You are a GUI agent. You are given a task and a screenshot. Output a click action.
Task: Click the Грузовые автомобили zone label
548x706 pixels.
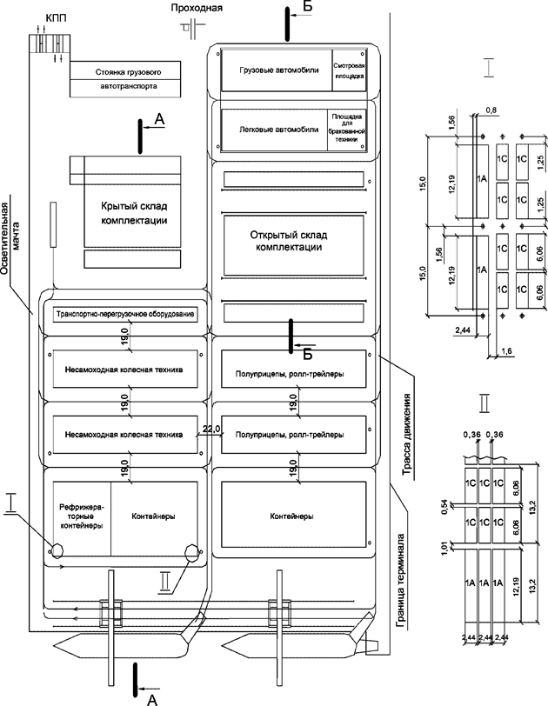pos(272,70)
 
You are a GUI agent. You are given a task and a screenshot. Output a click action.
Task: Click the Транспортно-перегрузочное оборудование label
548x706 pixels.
pos(123,314)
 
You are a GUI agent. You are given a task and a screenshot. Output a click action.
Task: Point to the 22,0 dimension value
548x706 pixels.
pos(211,429)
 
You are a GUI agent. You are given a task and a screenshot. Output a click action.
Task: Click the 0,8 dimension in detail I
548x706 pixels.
pos(492,110)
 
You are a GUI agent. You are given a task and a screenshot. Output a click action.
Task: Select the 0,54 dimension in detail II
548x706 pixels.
pos(444,507)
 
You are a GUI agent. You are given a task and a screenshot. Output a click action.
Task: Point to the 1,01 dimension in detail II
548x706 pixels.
pos(444,548)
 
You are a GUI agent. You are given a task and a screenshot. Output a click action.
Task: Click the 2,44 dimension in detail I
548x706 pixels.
pos(462,330)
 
